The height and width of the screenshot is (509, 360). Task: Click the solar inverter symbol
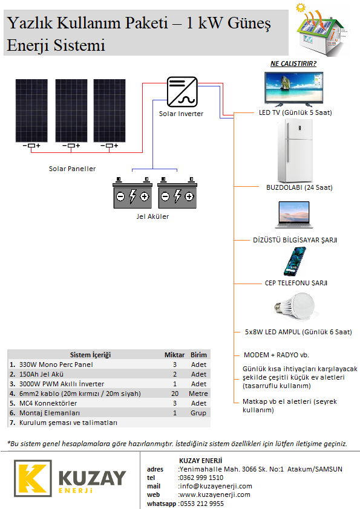[x=182, y=92]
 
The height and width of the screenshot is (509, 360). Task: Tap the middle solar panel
[x=71, y=111]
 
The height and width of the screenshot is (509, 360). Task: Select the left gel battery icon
[x=133, y=192]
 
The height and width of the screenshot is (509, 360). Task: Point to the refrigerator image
[x=295, y=151]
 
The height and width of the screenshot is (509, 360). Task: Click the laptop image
[x=294, y=215]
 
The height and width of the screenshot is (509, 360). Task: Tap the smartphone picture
[x=295, y=261]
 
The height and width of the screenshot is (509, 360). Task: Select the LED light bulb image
[x=295, y=306]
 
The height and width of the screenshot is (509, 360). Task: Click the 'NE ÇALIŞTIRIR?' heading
[x=293, y=63]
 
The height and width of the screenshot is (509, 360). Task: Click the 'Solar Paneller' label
[x=72, y=169]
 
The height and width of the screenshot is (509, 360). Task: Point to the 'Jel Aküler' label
[x=152, y=216]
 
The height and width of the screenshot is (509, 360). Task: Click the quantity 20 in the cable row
[x=175, y=394]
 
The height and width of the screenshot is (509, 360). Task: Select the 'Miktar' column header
[x=174, y=355]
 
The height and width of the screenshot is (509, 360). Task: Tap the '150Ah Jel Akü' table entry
[x=41, y=374]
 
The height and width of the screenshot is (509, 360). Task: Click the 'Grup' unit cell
[x=198, y=413]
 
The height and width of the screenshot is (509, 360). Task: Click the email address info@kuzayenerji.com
[x=216, y=486]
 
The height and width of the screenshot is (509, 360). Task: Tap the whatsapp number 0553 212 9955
[x=201, y=504]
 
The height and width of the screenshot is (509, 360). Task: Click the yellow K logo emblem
[x=33, y=478]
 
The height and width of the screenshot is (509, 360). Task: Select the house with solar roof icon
[x=322, y=30]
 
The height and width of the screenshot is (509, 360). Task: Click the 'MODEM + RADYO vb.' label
[x=276, y=355]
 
